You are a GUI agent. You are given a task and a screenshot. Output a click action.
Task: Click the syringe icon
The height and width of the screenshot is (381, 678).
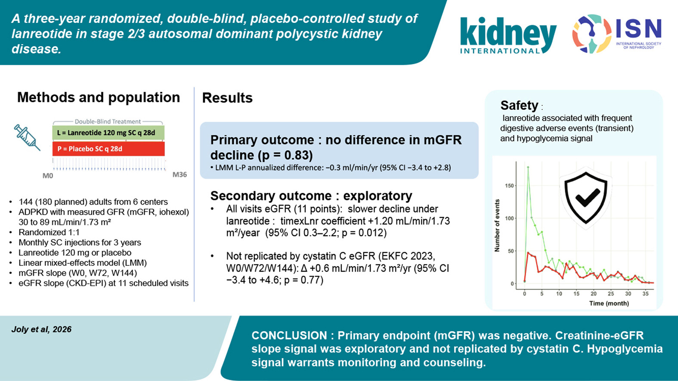(x=27, y=137)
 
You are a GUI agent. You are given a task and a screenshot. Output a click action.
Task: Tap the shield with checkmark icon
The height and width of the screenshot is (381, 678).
(x=586, y=198)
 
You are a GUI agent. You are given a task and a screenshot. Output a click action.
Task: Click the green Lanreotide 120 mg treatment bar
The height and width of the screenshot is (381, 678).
(x=108, y=133)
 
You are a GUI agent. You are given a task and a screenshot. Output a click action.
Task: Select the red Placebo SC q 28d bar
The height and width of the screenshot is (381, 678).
(x=108, y=149)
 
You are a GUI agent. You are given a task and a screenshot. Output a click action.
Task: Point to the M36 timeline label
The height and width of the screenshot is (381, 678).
(x=180, y=175)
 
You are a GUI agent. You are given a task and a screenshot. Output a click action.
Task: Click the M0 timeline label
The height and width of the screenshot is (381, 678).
(x=47, y=176)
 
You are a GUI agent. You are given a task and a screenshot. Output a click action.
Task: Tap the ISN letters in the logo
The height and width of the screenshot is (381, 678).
(x=638, y=29)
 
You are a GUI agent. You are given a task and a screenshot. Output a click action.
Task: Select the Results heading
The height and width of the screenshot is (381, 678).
(x=227, y=98)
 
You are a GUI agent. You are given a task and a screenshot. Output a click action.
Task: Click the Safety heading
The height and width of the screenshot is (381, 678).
(x=520, y=105)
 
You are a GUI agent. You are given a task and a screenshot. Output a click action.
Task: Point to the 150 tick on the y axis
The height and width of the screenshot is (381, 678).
(x=509, y=186)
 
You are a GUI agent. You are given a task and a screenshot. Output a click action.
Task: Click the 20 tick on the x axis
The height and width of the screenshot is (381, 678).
(x=594, y=294)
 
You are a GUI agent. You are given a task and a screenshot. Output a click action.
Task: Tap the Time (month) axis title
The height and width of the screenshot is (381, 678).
(x=609, y=303)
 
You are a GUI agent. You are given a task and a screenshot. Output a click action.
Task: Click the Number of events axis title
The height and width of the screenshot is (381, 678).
(x=497, y=226)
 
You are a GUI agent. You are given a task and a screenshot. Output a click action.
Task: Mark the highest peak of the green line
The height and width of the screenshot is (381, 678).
(x=528, y=167)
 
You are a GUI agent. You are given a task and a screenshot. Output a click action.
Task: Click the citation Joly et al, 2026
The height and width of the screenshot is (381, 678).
(x=41, y=329)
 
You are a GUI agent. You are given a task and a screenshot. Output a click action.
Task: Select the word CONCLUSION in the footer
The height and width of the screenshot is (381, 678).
(x=289, y=336)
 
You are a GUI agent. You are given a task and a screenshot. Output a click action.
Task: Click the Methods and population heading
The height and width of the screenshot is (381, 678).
(x=99, y=98)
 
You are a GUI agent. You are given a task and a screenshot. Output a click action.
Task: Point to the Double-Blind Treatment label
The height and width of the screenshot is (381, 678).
(x=108, y=122)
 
